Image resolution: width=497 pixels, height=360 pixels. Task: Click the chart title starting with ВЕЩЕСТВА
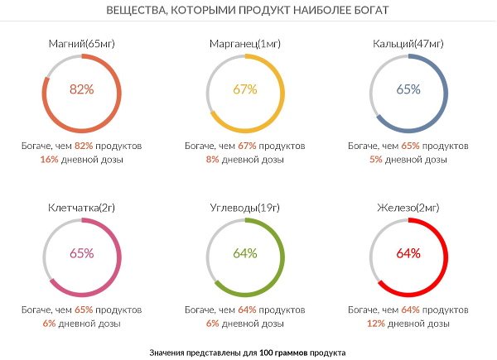(248, 11)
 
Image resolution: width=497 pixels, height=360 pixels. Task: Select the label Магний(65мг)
(82, 43)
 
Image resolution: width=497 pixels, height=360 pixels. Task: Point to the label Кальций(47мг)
(408, 43)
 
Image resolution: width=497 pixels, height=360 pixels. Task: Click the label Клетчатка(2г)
(82, 207)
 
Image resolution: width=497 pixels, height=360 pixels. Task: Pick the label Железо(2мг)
(408, 207)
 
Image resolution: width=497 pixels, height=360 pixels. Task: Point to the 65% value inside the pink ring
(82, 253)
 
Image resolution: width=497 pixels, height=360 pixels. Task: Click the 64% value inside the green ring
(245, 253)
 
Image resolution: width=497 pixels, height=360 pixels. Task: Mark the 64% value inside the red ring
(408, 253)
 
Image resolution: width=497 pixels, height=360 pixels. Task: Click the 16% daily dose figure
(49, 159)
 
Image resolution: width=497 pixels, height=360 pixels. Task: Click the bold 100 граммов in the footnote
(280, 353)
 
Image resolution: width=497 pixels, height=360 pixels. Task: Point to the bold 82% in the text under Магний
(84, 146)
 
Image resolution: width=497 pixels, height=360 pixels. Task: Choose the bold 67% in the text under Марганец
(247, 146)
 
